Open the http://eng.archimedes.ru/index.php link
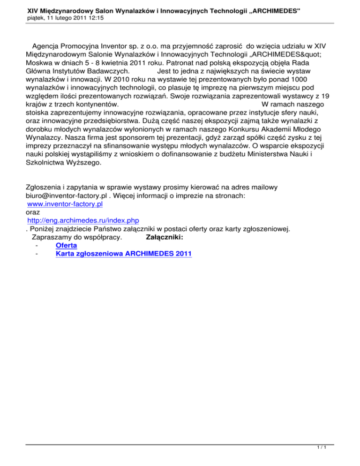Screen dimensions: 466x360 pyautogui.click(x=83, y=220)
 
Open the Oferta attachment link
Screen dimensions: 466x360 pyautogui.click(x=66, y=245)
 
